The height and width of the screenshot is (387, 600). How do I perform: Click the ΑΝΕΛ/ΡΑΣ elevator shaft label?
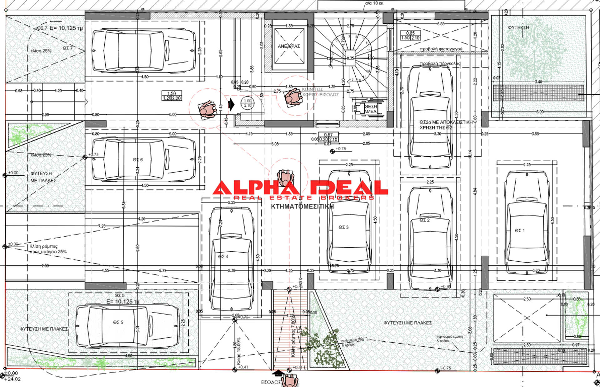pyautogui.click(x=289, y=46)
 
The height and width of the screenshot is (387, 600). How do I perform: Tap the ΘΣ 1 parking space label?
pyautogui.click(x=520, y=231)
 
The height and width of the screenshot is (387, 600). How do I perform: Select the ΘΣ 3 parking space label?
pyautogui.click(x=343, y=227)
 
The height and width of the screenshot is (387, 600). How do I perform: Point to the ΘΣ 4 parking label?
pyautogui.click(x=223, y=257)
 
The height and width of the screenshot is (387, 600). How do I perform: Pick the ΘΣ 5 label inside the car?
pyautogui.click(x=118, y=322)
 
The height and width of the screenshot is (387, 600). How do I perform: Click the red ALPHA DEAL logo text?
pyautogui.click(x=300, y=188)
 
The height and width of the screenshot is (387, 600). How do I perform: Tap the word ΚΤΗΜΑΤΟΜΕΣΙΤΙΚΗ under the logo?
pyautogui.click(x=302, y=207)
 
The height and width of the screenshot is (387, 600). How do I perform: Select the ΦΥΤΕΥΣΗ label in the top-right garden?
pyautogui.click(x=518, y=28)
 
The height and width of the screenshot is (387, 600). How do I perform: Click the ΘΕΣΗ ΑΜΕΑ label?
pyautogui.click(x=371, y=109)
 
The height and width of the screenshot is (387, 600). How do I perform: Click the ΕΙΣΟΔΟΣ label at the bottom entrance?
pyautogui.click(x=270, y=382)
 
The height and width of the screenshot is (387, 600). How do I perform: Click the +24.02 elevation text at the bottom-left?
pyautogui.click(x=12, y=379)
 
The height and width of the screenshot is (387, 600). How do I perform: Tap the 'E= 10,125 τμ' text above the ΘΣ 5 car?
pyautogui.click(x=122, y=302)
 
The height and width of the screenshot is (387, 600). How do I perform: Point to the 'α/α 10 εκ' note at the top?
pyautogui.click(x=374, y=3)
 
